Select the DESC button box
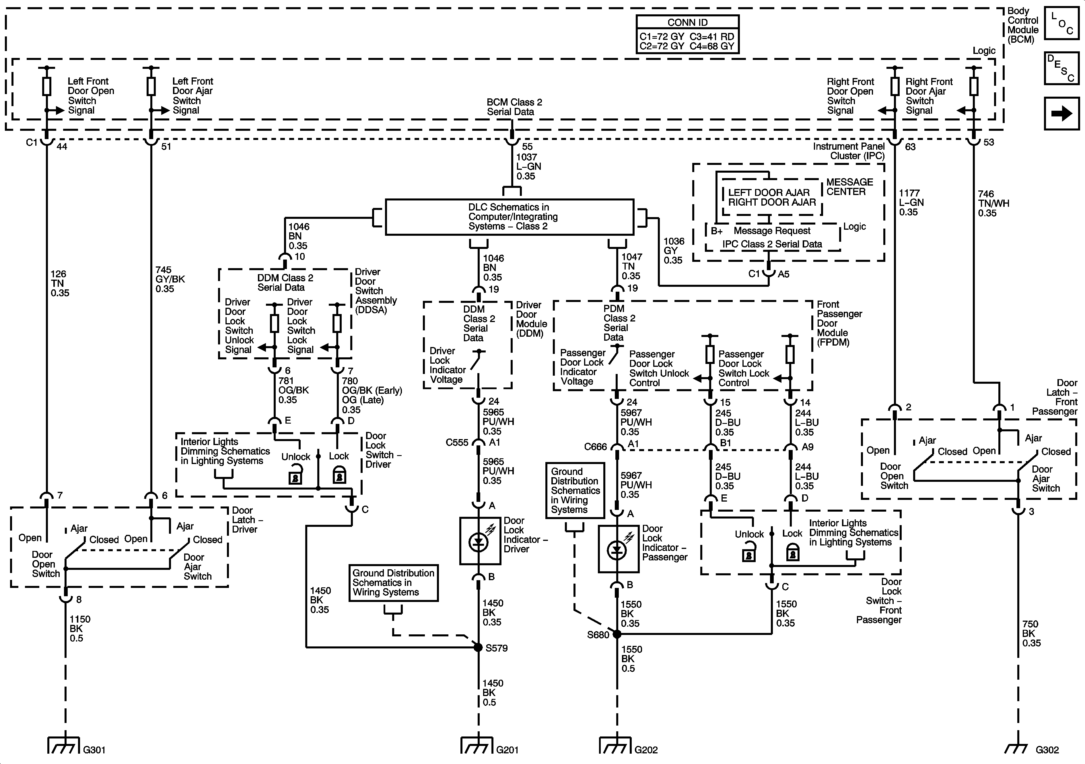(1061, 68)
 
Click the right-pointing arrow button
(1061, 113)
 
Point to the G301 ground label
(94, 750)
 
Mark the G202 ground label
(646, 750)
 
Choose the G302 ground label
(1047, 750)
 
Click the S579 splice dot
(478, 647)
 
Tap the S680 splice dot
(617, 634)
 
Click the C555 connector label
(456, 443)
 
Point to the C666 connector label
(595, 447)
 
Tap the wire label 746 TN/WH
(993, 203)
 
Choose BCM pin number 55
(527, 147)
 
